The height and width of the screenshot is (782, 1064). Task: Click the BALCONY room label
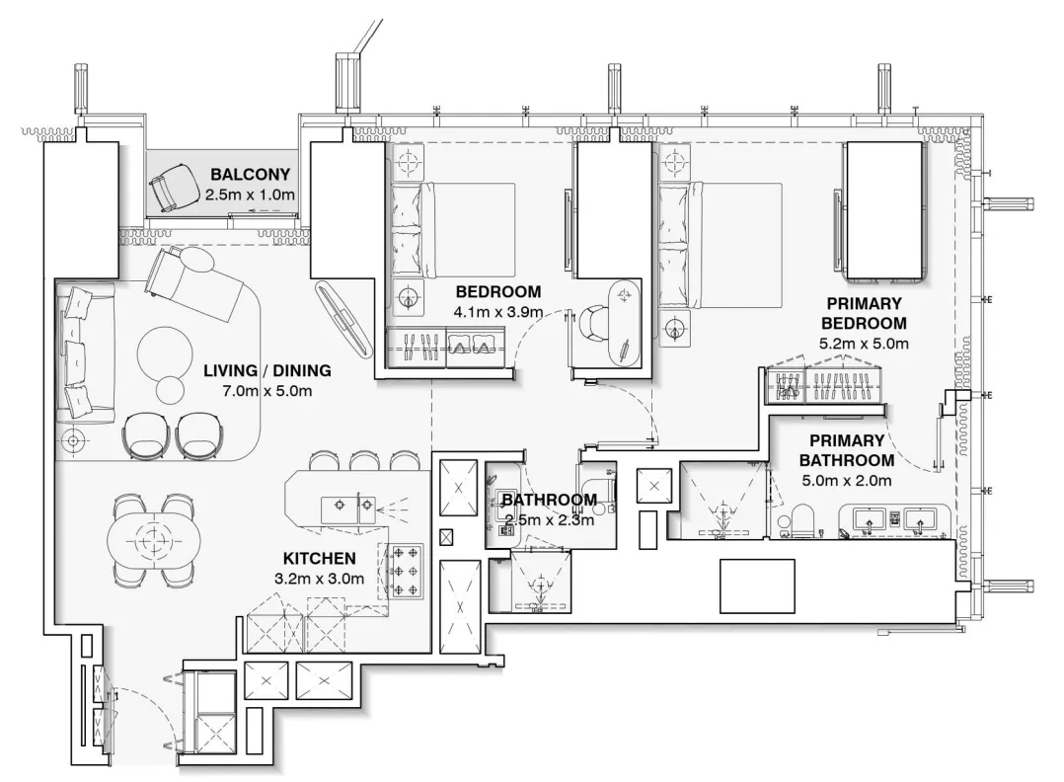[250, 175]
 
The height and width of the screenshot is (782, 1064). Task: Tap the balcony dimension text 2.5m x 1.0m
[250, 195]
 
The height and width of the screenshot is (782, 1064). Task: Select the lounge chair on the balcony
[171, 188]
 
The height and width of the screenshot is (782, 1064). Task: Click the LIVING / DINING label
[267, 371]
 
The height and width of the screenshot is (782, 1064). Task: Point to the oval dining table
[153, 540]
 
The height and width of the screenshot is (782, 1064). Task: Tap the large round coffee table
[165, 351]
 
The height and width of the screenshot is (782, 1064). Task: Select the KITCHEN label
[318, 559]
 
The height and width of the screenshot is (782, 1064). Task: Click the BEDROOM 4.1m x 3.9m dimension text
[497, 311]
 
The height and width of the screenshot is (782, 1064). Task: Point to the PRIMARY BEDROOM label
[866, 314]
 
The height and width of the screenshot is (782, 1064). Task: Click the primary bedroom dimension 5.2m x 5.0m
[865, 343]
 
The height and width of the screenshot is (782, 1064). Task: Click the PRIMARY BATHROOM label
[846, 450]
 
